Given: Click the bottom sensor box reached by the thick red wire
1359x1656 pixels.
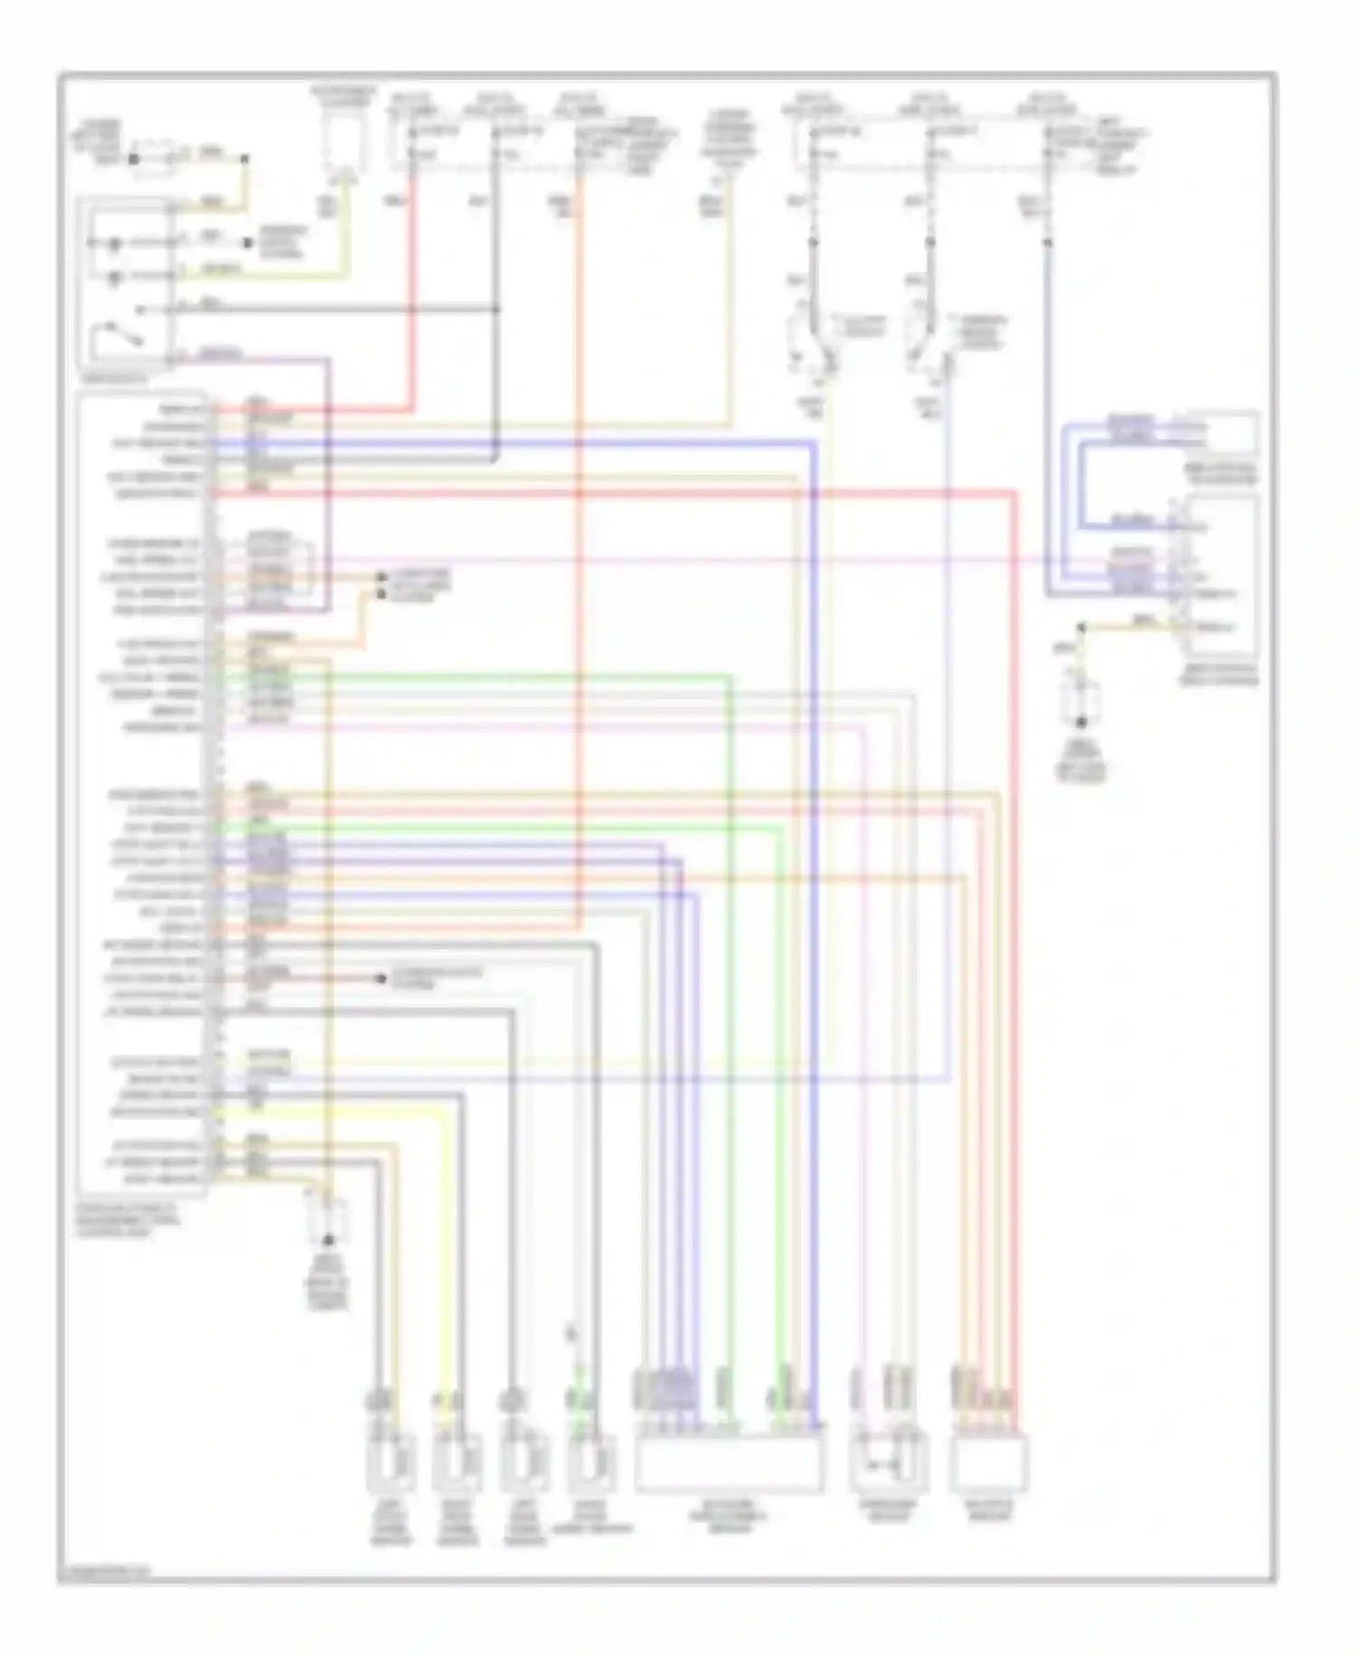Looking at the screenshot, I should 989,1462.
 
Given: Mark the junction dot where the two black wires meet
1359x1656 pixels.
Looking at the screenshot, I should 496,310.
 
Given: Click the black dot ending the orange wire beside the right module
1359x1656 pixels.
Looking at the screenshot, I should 1081,627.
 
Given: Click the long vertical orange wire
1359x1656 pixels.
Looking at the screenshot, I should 578,544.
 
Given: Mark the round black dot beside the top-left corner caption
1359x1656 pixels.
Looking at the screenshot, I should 133,159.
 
